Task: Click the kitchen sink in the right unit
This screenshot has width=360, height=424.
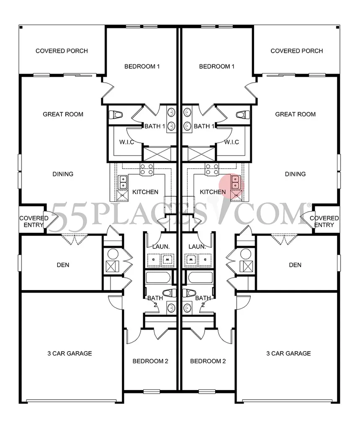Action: tap(236, 182)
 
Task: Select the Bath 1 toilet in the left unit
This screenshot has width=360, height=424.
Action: tap(116, 114)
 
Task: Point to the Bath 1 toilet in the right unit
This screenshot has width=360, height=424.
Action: tap(242, 114)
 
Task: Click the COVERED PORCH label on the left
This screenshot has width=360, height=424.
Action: tap(62, 51)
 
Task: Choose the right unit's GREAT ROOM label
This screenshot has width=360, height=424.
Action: tap(295, 114)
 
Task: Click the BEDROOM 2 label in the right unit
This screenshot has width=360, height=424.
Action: tap(208, 361)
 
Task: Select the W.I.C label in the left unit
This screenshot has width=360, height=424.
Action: tap(126, 142)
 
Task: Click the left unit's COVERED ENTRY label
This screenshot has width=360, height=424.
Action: tap(31, 221)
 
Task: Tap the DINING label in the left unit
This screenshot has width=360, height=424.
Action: tap(63, 174)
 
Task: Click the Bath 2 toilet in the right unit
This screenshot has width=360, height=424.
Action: tap(189, 292)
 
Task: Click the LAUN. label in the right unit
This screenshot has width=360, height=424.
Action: tap(196, 247)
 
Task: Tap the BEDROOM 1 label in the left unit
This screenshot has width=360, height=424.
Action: tap(142, 67)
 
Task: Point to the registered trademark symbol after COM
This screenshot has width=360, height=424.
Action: tap(309, 205)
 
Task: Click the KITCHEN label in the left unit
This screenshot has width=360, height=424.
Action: tap(145, 192)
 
